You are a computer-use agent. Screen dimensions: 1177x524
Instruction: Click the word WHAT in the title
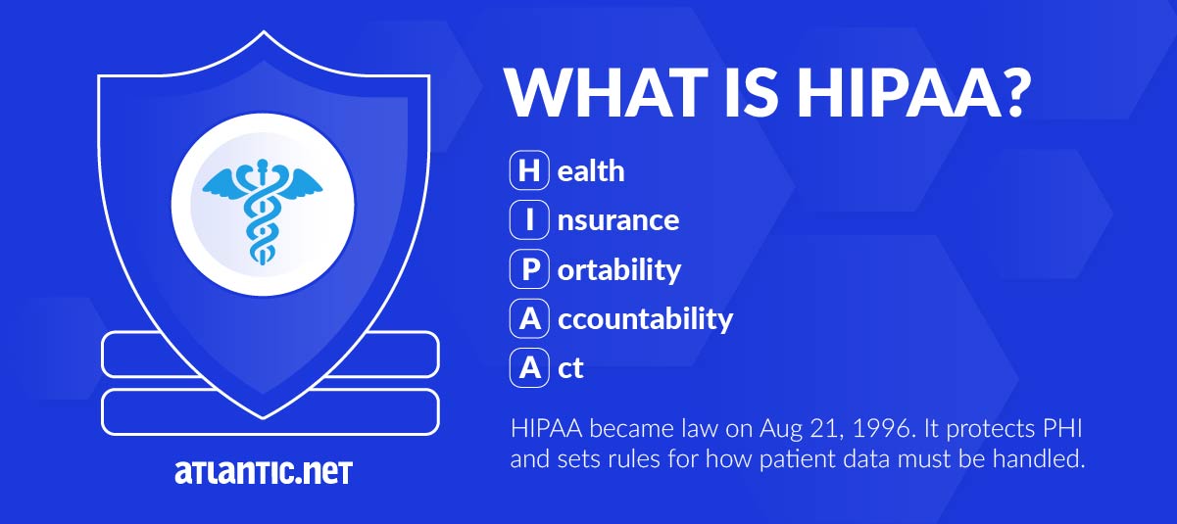pyautogui.click(x=607, y=92)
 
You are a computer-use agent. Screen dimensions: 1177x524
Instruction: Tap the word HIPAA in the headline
pyautogui.click(x=899, y=92)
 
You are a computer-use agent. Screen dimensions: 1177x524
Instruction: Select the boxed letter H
pyautogui.click(x=529, y=170)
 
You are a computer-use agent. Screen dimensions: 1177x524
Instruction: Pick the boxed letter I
pyautogui.click(x=529, y=219)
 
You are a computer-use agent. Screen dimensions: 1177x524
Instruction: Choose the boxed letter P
pyautogui.click(x=529, y=268)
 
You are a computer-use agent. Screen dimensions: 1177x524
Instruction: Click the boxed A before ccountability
pyautogui.click(x=529, y=318)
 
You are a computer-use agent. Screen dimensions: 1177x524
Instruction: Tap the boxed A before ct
pyautogui.click(x=529, y=367)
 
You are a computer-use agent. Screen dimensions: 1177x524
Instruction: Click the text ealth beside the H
pyautogui.click(x=591, y=170)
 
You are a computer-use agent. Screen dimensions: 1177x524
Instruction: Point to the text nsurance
pyautogui.click(x=618, y=220)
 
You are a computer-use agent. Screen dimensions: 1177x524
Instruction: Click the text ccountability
pyautogui.click(x=645, y=319)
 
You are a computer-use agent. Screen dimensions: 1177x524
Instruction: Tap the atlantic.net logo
pyautogui.click(x=264, y=472)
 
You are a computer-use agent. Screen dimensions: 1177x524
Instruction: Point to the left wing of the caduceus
pyautogui.click(x=224, y=183)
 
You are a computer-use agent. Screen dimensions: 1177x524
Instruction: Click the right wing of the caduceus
pyautogui.click(x=301, y=183)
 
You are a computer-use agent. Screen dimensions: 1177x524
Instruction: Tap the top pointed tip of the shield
pyautogui.click(x=264, y=31)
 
